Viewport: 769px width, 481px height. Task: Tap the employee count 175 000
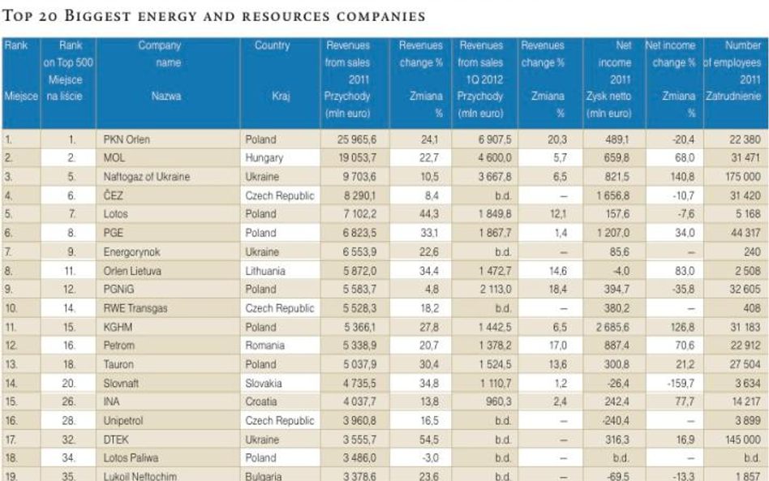coord(741,177)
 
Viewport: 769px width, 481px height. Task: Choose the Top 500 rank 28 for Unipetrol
coord(71,420)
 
